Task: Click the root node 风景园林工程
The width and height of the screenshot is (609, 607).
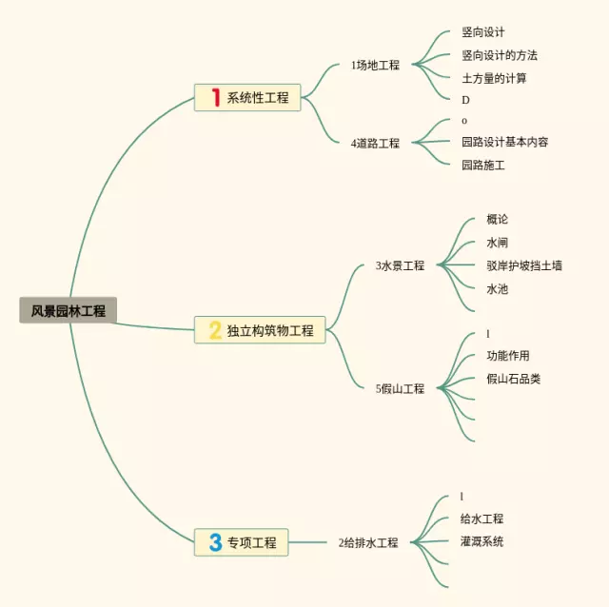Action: click(68, 310)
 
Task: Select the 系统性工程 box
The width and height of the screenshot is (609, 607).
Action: click(247, 97)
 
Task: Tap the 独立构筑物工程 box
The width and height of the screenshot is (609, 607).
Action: click(260, 330)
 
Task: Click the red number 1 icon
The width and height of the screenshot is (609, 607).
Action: click(216, 97)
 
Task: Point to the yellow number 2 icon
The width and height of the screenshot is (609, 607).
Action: click(215, 330)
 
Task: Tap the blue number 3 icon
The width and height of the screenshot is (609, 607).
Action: click(215, 542)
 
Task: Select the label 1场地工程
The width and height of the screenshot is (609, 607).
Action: click(375, 66)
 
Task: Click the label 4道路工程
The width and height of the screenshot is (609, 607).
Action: click(375, 144)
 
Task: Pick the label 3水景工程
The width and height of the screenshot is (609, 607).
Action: click(400, 266)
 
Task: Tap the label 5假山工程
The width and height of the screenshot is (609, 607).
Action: click(400, 389)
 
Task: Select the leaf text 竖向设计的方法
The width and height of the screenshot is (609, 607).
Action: click(500, 55)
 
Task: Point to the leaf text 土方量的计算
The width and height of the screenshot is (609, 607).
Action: click(494, 78)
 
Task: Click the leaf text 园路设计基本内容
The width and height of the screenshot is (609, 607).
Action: click(504, 142)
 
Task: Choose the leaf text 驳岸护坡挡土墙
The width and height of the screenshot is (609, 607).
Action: click(523, 265)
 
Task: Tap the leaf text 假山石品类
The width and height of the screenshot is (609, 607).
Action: click(513, 379)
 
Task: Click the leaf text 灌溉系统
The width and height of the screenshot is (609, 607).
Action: click(481, 541)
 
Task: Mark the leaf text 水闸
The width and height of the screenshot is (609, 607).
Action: click(497, 243)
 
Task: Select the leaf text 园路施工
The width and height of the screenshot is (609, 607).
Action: click(482, 165)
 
